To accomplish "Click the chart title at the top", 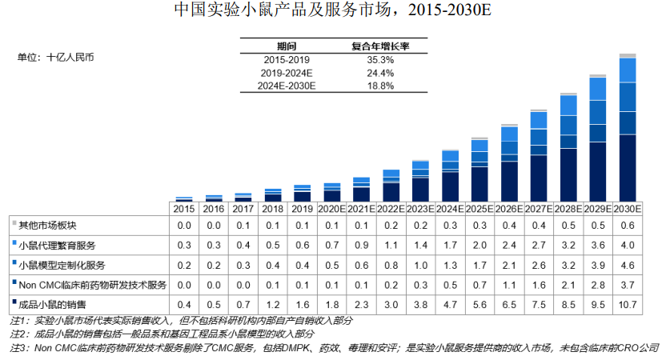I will click(x=332, y=11).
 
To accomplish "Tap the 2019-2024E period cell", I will click(x=287, y=73).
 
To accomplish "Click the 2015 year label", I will click(x=184, y=208).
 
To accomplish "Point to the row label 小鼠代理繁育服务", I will click(x=57, y=244).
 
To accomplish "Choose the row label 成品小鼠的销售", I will click(x=51, y=304).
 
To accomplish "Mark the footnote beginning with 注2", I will click(x=160, y=333).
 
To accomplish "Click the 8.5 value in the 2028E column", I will click(x=568, y=304).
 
